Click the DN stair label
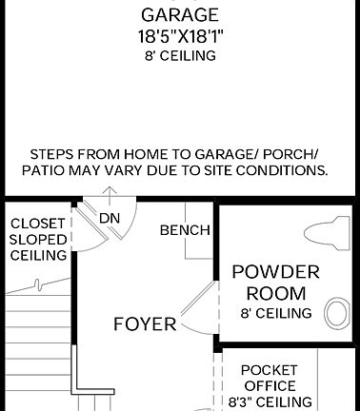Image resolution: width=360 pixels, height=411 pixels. (110, 218)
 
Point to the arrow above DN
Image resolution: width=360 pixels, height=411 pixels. (111, 197)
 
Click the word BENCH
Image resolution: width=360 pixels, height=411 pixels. (185, 230)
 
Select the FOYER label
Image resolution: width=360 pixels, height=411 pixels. (145, 323)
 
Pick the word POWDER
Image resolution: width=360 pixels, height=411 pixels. (276, 272)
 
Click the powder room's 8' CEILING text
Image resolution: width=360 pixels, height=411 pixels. (276, 313)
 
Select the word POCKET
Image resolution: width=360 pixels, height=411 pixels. (270, 370)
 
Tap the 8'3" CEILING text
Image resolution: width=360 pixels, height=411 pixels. (270, 401)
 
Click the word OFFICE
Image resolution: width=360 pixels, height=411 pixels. (270, 385)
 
